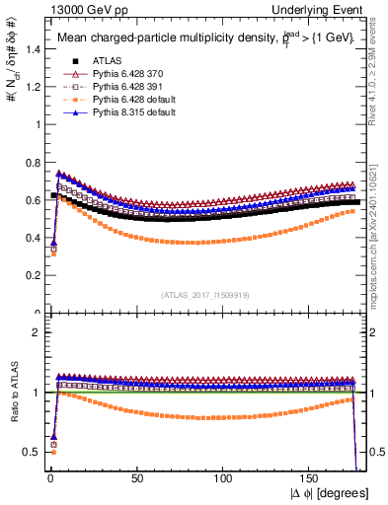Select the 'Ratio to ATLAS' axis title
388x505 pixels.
click(12, 393)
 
